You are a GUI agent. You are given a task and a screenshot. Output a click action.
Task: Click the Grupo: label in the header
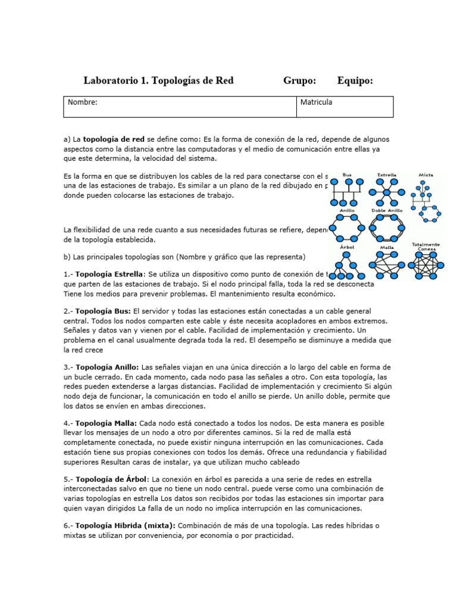299,80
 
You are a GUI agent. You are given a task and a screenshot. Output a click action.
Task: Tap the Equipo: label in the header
355,80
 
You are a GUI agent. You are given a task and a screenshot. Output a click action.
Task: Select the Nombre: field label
82,102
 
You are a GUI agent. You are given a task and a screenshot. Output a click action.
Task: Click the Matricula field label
316,102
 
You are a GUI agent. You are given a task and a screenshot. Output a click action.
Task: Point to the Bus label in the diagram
347,175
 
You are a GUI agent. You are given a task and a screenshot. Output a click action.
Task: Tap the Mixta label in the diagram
425,175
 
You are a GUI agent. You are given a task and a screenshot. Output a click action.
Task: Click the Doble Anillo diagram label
387,210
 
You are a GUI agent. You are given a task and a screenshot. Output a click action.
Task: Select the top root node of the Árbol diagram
347,254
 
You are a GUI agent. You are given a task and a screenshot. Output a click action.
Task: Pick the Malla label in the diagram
387,246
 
